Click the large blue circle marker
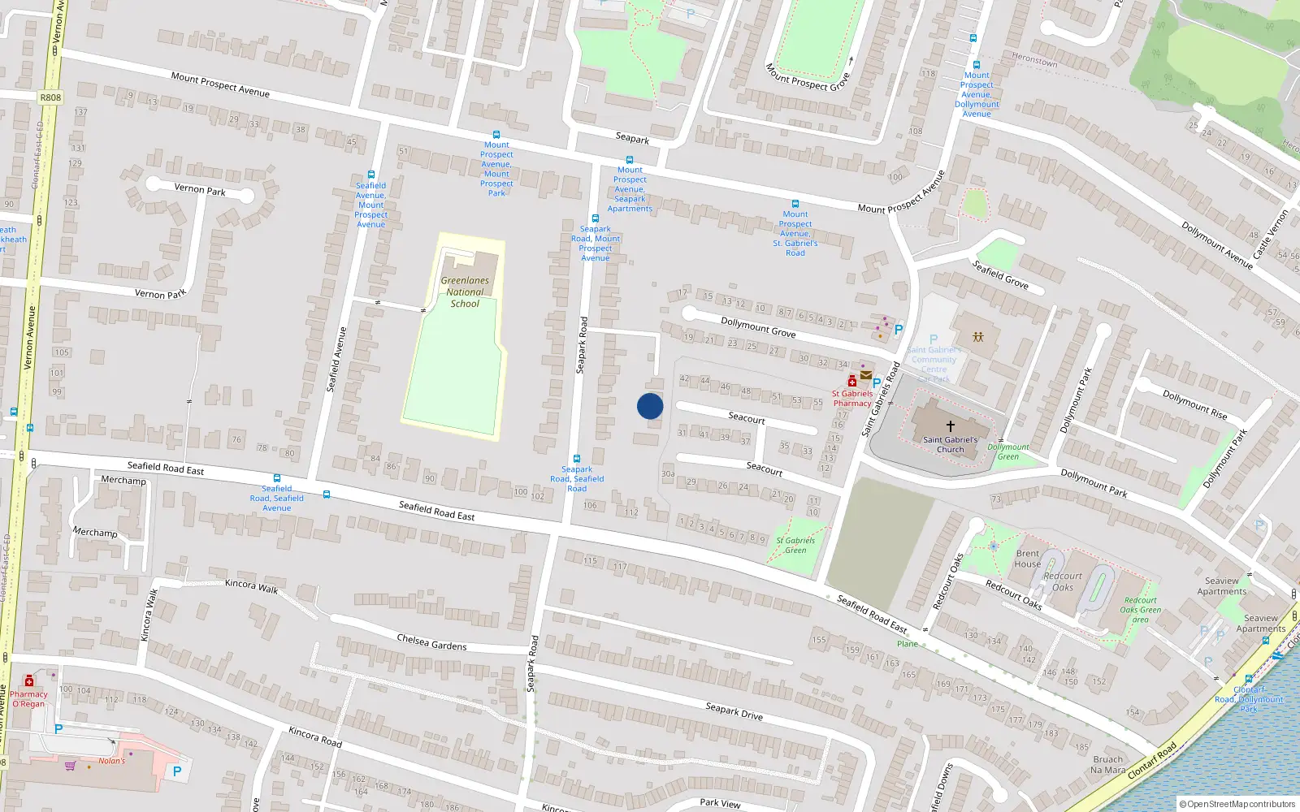tap(650, 406)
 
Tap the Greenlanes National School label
tap(465, 292)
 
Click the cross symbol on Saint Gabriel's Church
tap(950, 425)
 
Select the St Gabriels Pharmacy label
tap(851, 398)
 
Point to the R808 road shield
tap(50, 97)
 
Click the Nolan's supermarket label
tap(112, 761)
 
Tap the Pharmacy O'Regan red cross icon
tap(29, 680)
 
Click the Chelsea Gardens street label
tap(431, 642)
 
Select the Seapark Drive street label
tap(734, 711)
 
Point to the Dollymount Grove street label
tap(758, 327)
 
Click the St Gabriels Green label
tap(795, 545)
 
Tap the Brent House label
tap(1028, 559)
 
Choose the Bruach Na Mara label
tap(1108, 765)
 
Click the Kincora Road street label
tap(315, 736)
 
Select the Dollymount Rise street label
tap(1194, 404)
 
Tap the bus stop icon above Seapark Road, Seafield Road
tap(577, 459)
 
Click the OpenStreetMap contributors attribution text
tap(1237, 804)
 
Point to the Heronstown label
tap(1034, 59)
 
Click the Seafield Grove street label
tap(1000, 274)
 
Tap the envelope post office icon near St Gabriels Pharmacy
tap(866, 375)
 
